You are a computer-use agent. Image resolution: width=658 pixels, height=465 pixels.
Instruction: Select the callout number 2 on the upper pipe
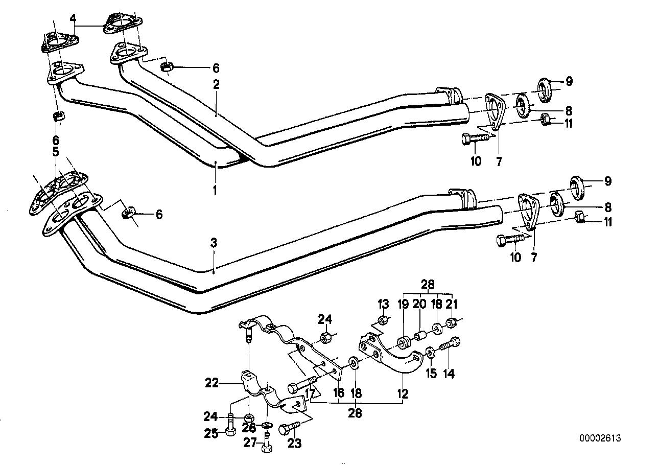(x=216, y=85)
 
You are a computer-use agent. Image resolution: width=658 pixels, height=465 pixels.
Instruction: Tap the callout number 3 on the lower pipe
(x=214, y=244)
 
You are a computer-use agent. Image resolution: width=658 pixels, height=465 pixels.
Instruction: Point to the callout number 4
(x=74, y=19)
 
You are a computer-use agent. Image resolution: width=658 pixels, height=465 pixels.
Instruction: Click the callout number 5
(x=55, y=152)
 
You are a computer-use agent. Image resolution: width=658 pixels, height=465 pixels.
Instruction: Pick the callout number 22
(x=212, y=382)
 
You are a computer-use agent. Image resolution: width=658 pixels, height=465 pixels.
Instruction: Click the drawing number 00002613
(x=600, y=438)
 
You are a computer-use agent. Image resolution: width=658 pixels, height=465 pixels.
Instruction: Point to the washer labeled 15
(x=430, y=352)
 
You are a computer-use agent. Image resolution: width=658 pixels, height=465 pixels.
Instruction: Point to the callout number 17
(x=309, y=393)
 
